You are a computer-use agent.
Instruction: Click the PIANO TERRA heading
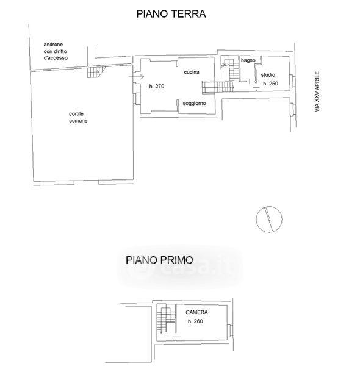coord(171,14)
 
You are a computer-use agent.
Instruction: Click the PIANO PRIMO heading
coord(159,260)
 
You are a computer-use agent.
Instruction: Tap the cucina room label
coord(192,72)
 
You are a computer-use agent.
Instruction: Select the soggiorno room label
coord(194,104)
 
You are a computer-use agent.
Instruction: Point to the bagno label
coord(248,60)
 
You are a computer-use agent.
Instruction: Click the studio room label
coord(268,75)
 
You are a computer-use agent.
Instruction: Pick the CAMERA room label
coord(196,312)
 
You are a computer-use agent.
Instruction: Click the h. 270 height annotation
coord(157,87)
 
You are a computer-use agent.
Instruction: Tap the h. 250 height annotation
coord(270,84)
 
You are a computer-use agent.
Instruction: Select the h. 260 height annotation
coord(195,321)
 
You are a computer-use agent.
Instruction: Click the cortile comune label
coord(78,117)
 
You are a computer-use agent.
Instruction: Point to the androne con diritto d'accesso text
coord(56,51)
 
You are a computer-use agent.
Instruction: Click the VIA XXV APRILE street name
coord(317,91)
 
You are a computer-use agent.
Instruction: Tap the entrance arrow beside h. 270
coord(136,77)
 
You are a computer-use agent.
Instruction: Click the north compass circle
coord(269,220)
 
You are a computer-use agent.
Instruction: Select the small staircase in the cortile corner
coord(96,72)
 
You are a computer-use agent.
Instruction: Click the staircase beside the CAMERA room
coord(166,318)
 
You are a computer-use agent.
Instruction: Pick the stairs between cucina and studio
coord(218,87)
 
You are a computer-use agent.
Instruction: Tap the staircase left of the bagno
coord(231,68)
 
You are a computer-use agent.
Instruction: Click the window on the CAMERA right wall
coord(231,331)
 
